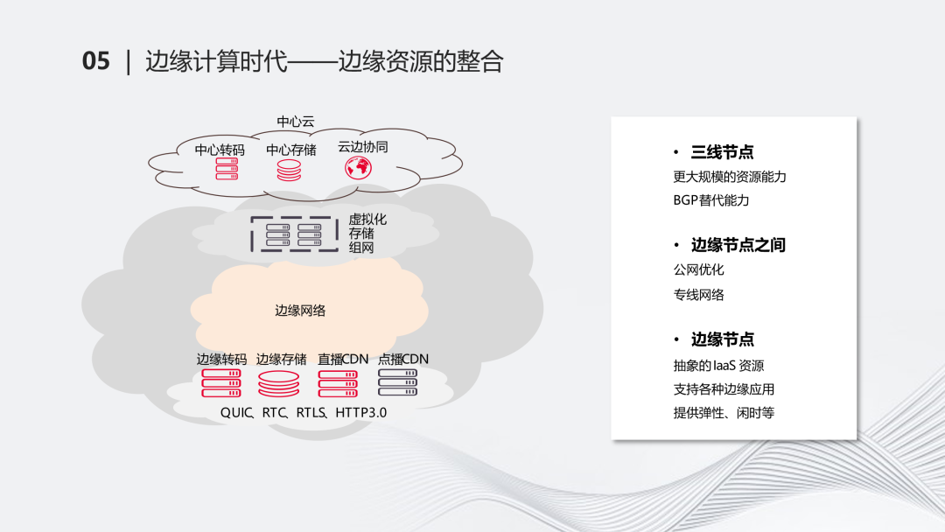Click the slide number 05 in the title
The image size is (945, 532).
(96, 61)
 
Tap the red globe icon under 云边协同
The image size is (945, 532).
(358, 167)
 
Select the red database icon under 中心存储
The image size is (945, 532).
(289, 171)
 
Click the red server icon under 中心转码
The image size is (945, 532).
(227, 169)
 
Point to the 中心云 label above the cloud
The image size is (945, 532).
(296, 121)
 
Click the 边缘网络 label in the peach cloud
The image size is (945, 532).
(300, 311)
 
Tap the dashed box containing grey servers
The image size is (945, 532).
(294, 234)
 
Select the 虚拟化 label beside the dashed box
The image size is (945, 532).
(367, 220)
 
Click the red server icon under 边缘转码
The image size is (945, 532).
(221, 383)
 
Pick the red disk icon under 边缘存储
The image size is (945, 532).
(278, 384)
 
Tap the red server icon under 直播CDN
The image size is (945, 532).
(338, 384)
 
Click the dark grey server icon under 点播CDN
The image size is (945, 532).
(398, 382)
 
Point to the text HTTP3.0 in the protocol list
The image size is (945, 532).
(361, 413)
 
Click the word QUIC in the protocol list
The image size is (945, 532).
(235, 413)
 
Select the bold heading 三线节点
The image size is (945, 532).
(722, 152)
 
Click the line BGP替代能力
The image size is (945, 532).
(711, 200)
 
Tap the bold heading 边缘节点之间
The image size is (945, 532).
(738, 245)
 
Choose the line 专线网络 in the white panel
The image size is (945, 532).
(698, 295)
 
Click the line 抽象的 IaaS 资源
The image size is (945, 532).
(718, 366)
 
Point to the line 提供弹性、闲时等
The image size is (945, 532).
(724, 413)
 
